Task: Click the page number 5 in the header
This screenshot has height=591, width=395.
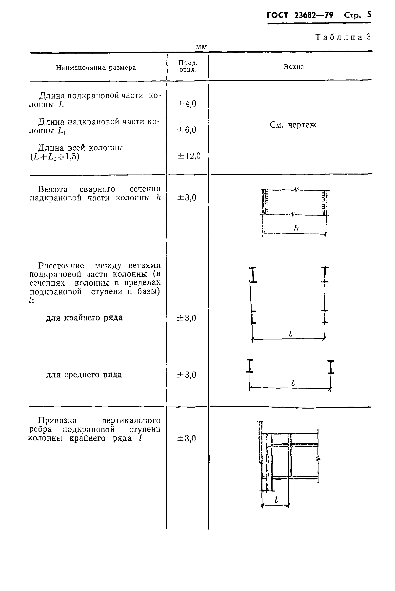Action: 369,15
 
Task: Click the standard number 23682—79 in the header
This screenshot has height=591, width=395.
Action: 314,16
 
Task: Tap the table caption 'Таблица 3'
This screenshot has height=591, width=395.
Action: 343,37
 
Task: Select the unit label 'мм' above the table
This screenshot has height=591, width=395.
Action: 201,47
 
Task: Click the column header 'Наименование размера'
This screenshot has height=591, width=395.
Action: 96,68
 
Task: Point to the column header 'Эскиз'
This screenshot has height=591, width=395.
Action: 294,67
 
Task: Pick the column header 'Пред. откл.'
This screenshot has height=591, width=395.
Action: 188,66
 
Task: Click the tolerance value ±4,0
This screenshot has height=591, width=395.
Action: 187,104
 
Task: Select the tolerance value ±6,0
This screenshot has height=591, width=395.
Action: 187,130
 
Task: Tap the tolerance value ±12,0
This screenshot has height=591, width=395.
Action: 189,156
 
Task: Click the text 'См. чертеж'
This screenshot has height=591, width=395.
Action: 293,125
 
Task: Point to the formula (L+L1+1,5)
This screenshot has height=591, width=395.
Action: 55,157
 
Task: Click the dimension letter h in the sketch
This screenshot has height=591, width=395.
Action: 296,228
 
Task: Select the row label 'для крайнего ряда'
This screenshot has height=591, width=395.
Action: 84,318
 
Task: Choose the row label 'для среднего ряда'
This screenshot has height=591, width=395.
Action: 84,375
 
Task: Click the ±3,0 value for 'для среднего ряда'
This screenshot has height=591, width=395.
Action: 187,375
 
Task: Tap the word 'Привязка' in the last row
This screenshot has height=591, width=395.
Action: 58,420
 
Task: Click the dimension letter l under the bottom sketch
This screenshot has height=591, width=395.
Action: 276,500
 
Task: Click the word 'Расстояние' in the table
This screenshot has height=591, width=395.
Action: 61,266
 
